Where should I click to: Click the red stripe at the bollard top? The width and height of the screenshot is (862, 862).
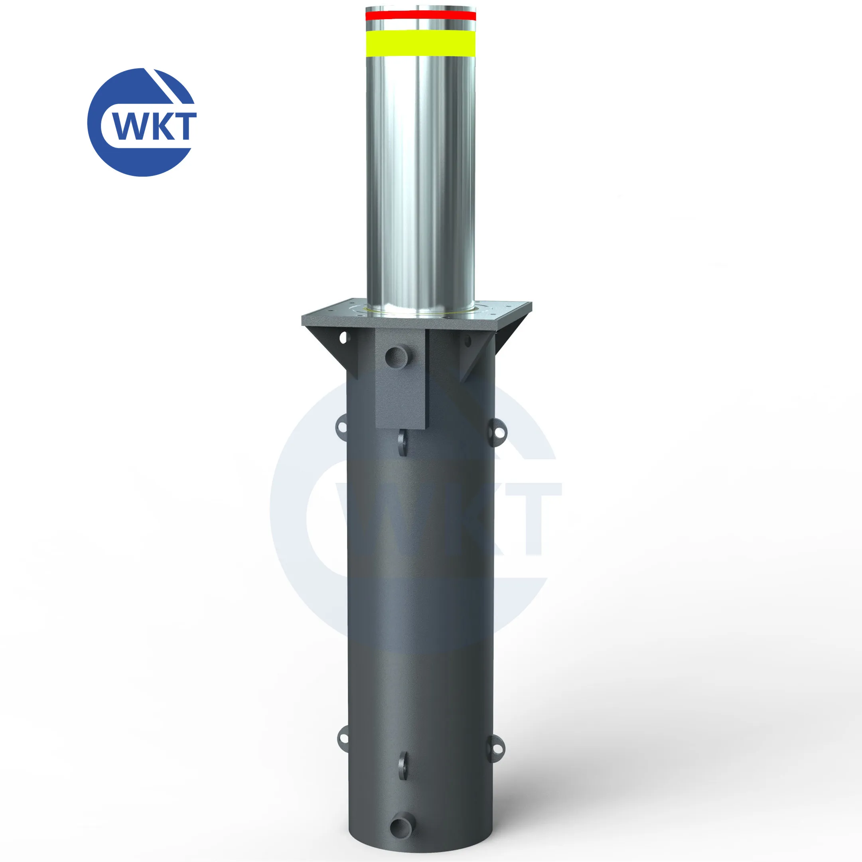[420, 16]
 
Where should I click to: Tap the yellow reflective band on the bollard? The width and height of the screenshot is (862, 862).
[420, 43]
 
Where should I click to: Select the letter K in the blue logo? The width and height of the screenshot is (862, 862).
[161, 126]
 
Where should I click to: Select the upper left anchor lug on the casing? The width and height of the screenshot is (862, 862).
[342, 425]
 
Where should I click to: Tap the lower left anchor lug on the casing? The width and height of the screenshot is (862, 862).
[343, 737]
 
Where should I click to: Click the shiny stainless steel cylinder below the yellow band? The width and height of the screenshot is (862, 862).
[420, 178]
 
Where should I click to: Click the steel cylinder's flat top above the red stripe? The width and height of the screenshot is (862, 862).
[420, 8]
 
